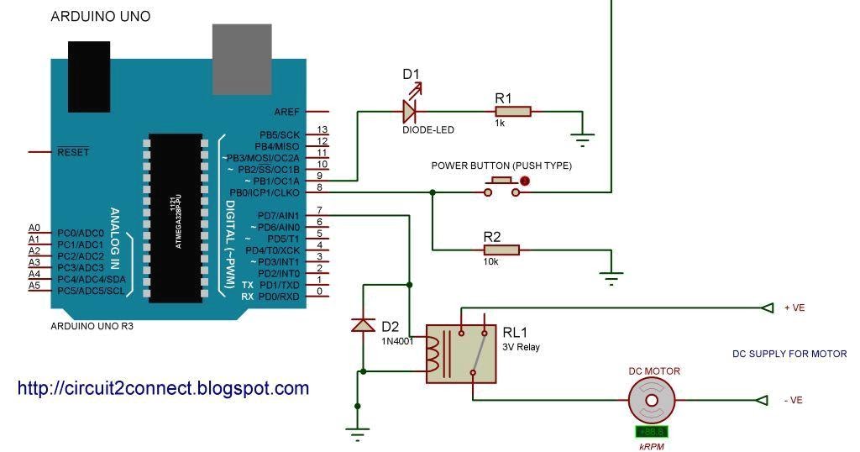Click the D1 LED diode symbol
pyautogui.click(x=410, y=110)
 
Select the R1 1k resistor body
pyautogui.click(x=512, y=111)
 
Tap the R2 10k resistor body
pyautogui.click(x=501, y=250)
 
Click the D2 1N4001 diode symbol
pyautogui.click(x=363, y=324)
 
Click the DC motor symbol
pyautogui.click(x=651, y=401)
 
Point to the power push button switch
pyautogui.click(x=501, y=187)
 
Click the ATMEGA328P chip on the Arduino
pyautogui.click(x=175, y=217)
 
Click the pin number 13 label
pyautogui.click(x=321, y=130)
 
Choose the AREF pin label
pyautogui.click(x=286, y=112)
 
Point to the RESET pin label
pyautogui.click(x=72, y=152)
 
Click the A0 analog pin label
pyautogui.click(x=34, y=228)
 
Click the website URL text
pyautogui.click(x=163, y=388)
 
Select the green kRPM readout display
pyautogui.click(x=651, y=432)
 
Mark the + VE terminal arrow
pyautogui.click(x=767, y=307)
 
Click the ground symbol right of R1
pyautogui.click(x=581, y=136)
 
